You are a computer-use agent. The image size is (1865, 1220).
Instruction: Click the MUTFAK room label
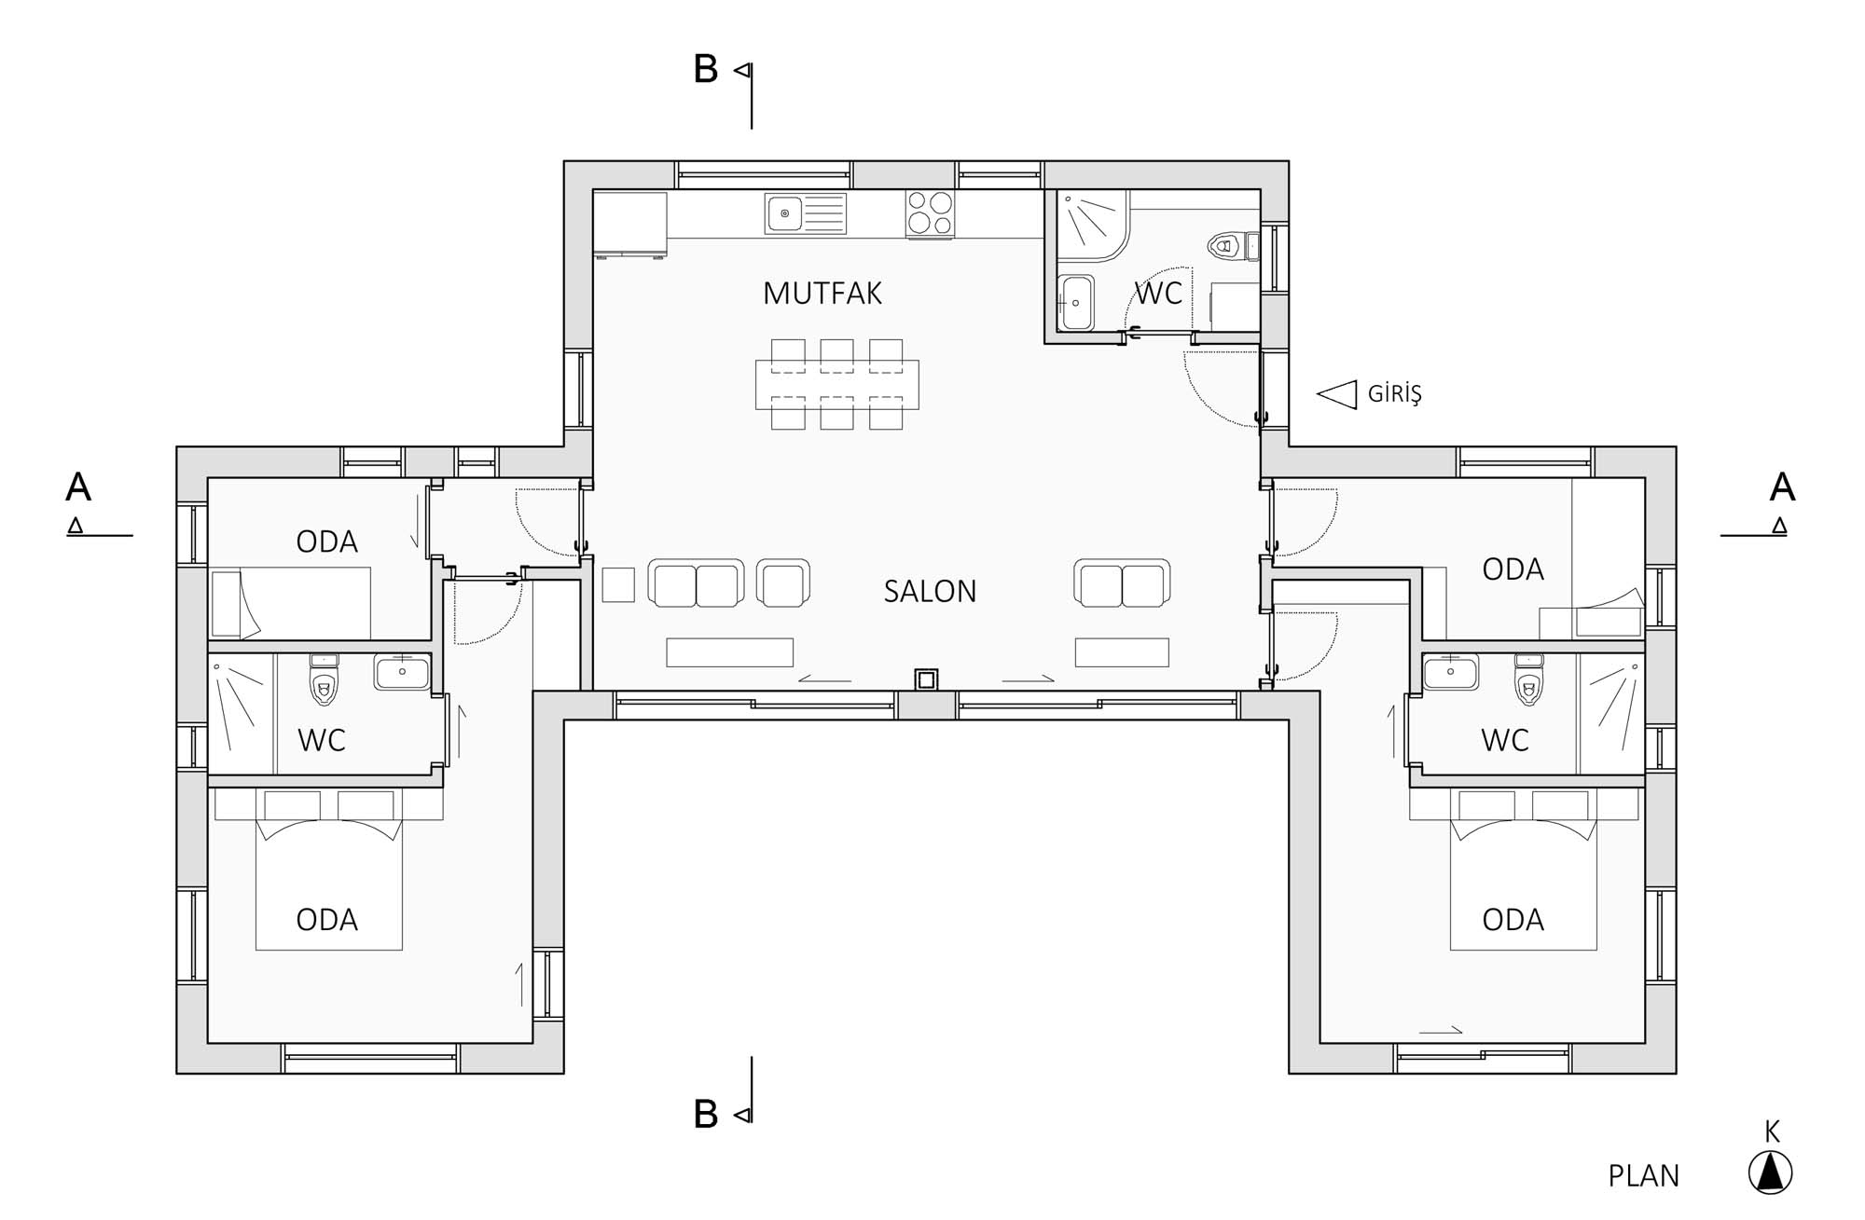coord(822,294)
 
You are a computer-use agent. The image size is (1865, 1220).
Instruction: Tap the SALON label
coord(930,592)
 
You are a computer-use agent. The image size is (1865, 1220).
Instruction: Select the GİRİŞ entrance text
coord(1394,394)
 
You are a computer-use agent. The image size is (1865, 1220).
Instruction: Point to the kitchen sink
coord(806,213)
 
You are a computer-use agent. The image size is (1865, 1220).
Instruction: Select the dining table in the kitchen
coord(836,384)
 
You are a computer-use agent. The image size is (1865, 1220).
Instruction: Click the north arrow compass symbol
coord(1770,1172)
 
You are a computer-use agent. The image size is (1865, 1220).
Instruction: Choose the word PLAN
coord(1643,1176)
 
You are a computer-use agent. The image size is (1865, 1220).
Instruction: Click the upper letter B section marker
coord(706,69)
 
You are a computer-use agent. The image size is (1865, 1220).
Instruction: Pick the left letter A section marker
coord(78,487)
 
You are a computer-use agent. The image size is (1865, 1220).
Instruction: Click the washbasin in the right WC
coord(1450,672)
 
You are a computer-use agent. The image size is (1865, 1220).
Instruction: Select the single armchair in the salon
coord(783,583)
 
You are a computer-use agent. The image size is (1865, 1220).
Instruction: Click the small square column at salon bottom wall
coord(926,679)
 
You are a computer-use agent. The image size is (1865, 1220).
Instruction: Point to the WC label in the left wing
coord(322,741)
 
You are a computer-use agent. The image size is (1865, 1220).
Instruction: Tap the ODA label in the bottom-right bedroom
coord(1513,920)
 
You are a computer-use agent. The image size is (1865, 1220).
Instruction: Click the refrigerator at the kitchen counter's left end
coord(630,224)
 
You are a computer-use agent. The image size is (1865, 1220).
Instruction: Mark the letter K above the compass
coord(1772,1131)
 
